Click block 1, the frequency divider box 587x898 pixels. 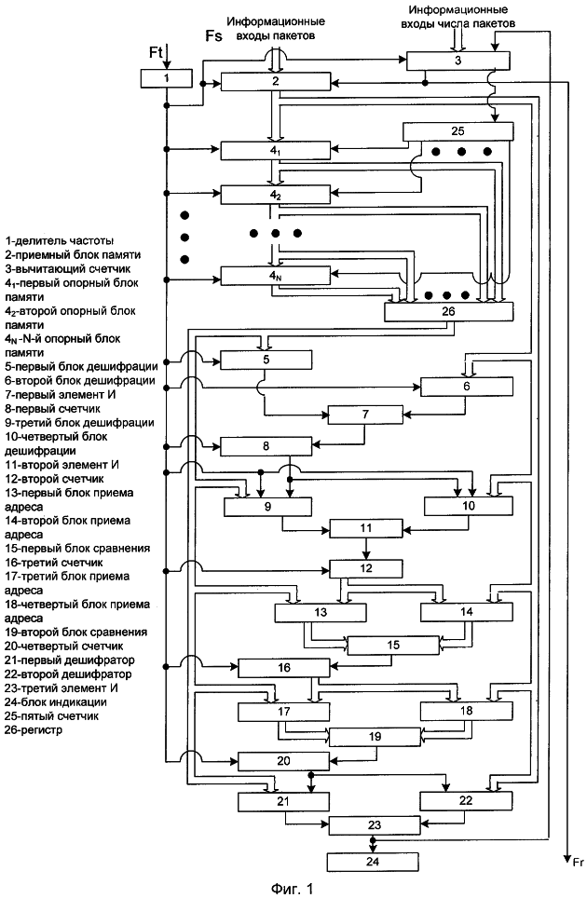[x=165, y=78]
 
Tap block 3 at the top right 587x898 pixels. [x=458, y=60]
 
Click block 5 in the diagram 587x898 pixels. [x=266, y=361]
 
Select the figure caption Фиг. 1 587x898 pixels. [x=295, y=888]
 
